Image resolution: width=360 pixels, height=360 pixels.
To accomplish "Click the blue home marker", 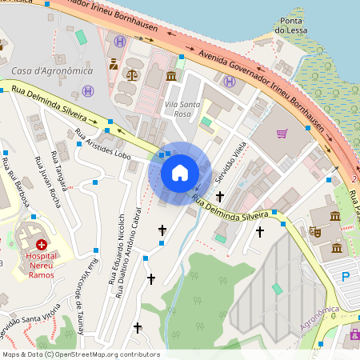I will [x=180, y=173].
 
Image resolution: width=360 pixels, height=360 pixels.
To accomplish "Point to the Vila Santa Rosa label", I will [x=181, y=109].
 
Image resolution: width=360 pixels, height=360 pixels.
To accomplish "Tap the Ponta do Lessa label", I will [x=290, y=25].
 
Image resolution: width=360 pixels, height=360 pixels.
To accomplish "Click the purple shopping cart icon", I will [x=282, y=134].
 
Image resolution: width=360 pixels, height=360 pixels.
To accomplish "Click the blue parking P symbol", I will [x=346, y=277].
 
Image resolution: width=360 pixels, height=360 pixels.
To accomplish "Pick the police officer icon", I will [x=114, y=63].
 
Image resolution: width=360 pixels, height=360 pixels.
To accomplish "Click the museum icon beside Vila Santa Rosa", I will [x=172, y=76].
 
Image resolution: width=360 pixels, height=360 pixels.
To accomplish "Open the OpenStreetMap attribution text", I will [x=81, y=354].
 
